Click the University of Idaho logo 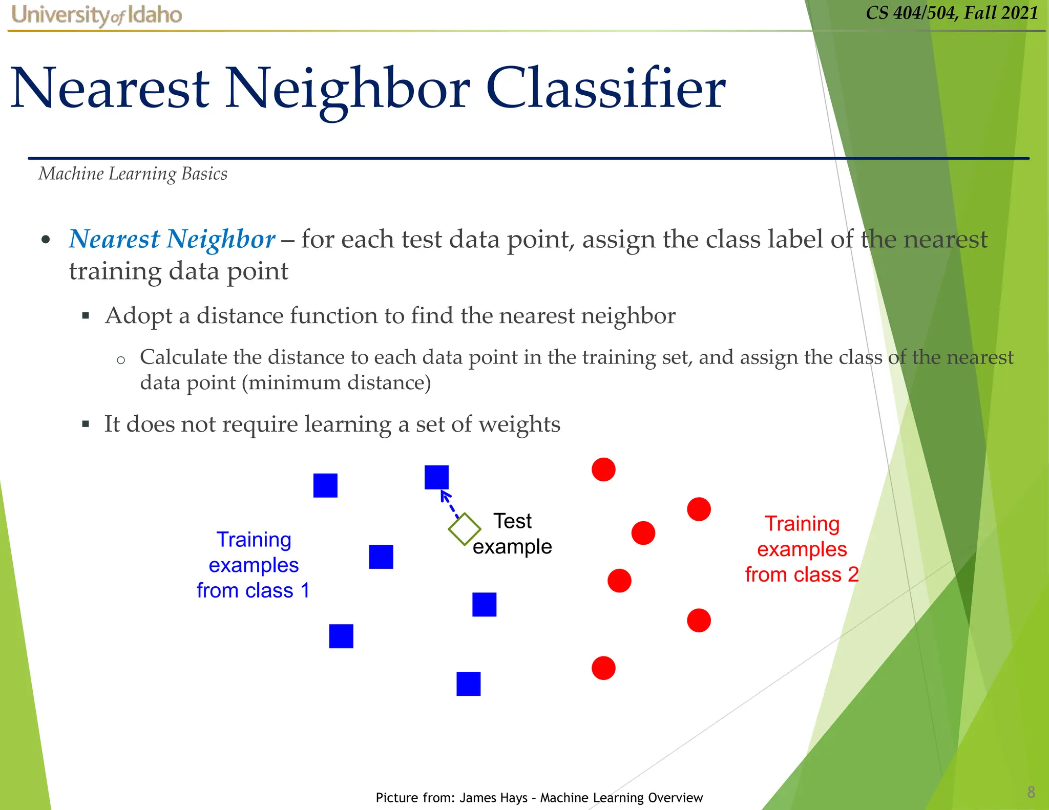96,15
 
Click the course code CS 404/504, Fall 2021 952,12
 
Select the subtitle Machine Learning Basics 133,174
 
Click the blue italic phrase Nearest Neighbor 172,239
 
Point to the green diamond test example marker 464,529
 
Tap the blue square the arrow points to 436,477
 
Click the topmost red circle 603,470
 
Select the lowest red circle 603,668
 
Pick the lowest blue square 468,684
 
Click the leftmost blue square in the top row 325,485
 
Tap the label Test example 512,534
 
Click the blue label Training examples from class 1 254,565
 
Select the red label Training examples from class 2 802,549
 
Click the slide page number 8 1031,792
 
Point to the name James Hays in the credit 493,798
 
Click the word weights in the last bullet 522,424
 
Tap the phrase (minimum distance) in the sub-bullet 336,382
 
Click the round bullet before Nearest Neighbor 46,240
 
